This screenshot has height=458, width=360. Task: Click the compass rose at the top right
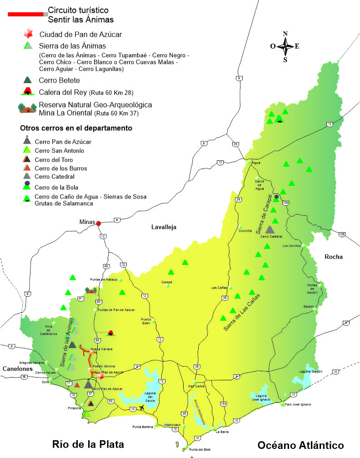point(285,46)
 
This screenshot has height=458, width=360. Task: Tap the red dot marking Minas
point(98,223)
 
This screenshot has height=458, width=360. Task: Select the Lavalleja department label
point(164,227)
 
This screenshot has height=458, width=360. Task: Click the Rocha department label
point(333,257)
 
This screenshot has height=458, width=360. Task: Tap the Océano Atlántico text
point(300,445)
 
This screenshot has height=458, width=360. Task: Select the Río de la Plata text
point(88,444)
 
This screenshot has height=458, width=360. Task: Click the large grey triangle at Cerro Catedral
point(270,229)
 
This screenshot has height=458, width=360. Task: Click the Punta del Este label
point(200,450)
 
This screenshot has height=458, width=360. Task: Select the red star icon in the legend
point(28,34)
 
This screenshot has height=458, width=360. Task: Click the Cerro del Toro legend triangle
point(27,159)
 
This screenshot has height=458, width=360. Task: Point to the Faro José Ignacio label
point(299,404)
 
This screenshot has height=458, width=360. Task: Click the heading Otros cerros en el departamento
point(76,128)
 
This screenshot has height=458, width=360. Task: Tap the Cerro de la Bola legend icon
point(27,186)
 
